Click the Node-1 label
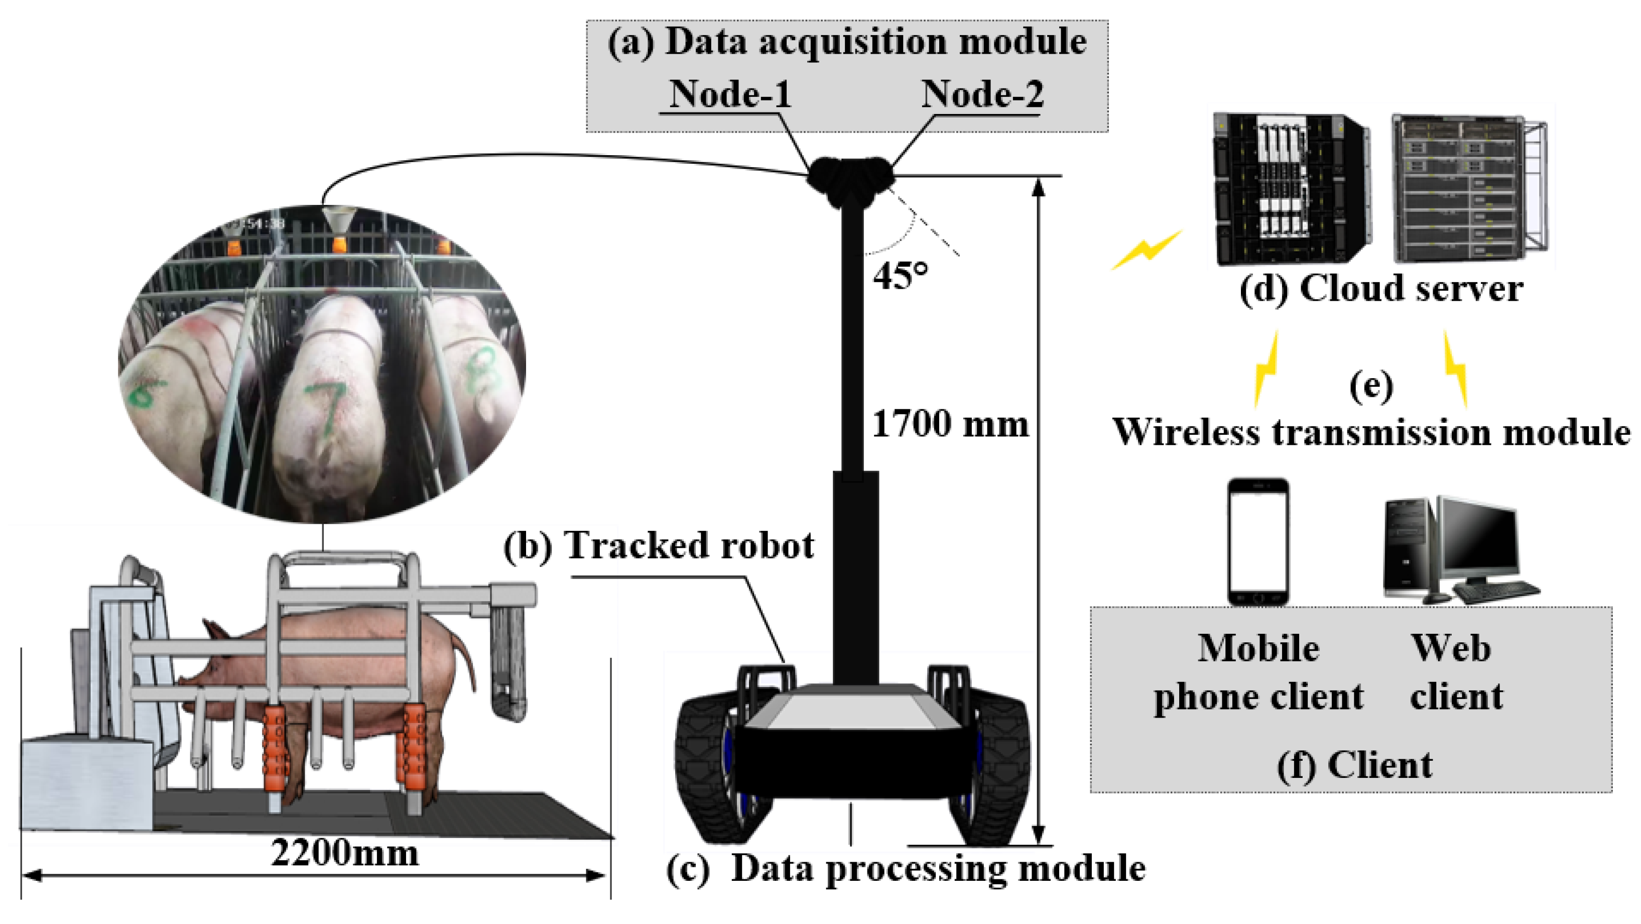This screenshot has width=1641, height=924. point(730,94)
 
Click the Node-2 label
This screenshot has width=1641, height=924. point(982,94)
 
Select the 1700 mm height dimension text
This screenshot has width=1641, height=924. point(949,424)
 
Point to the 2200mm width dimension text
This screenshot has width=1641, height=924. point(345,853)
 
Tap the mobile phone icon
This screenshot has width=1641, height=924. point(1258,542)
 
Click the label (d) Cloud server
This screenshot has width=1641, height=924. point(1380,288)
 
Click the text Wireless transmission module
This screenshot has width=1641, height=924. point(1371,432)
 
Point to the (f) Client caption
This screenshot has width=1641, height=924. point(1354,765)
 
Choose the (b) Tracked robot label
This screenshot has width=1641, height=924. point(658,545)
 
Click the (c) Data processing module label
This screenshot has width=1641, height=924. point(905,868)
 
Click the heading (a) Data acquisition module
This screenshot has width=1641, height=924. point(847,42)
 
